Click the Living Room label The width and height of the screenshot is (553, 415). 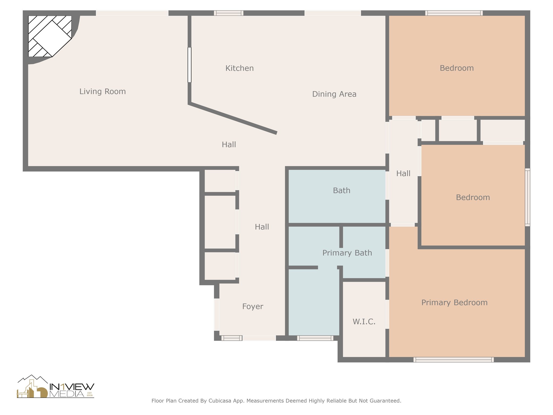tap(103, 92)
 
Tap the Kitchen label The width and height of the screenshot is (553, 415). tap(240, 68)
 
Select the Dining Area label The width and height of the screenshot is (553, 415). tap(334, 94)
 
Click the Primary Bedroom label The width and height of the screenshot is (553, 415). tap(454, 303)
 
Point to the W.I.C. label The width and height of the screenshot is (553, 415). tap(364, 322)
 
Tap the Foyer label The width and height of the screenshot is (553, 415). tap(252, 306)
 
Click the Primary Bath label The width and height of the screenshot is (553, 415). tap(347, 253)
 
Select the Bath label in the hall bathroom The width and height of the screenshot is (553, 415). tap(342, 190)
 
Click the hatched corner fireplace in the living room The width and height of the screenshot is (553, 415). tap(50, 36)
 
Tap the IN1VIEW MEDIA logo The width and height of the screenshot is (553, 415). tap(56, 386)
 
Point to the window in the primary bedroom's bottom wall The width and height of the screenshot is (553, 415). tap(454, 360)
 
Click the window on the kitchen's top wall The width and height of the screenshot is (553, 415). tap(229, 13)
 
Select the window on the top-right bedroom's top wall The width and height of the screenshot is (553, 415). tap(454, 13)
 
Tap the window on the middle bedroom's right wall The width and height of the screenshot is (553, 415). tap(527, 197)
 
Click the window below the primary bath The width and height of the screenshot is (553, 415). tap(315, 338)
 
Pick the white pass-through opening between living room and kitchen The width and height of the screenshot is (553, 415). tap(190, 65)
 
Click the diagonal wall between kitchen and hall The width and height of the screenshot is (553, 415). tap(233, 118)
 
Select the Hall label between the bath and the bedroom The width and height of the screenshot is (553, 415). tap(403, 173)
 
